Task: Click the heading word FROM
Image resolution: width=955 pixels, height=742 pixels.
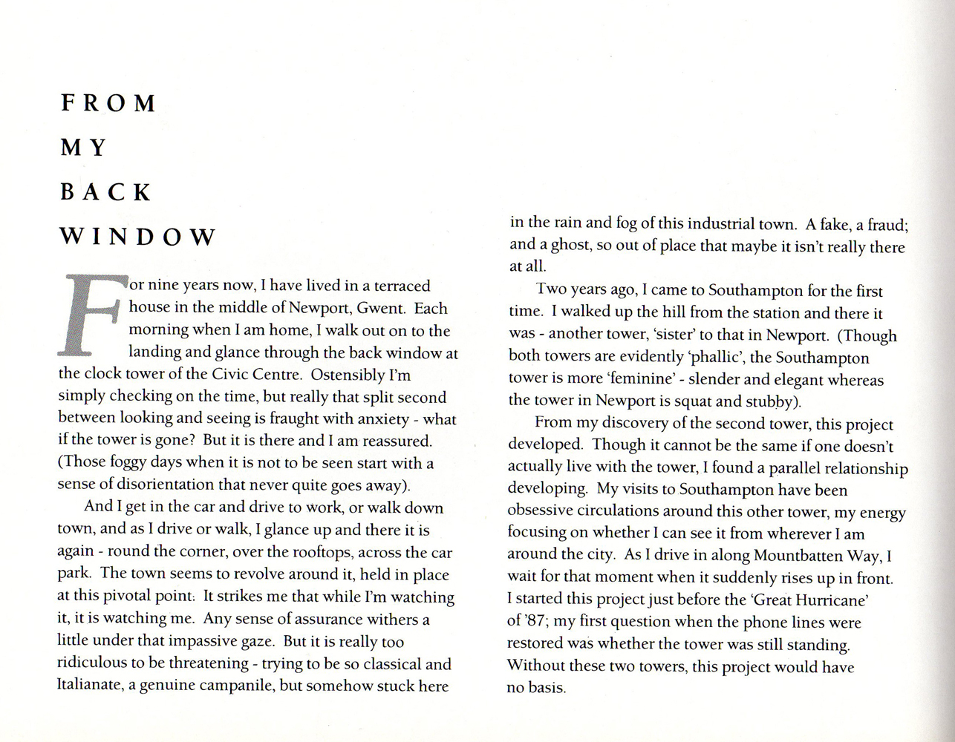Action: pos(108,102)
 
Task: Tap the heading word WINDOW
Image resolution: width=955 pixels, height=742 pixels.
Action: pos(137,237)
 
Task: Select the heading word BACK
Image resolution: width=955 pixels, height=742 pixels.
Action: pos(105,193)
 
